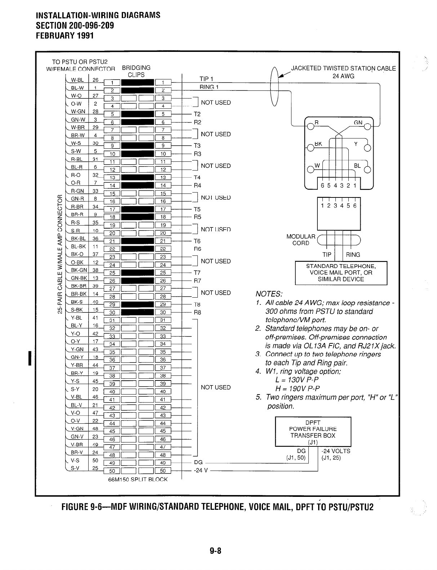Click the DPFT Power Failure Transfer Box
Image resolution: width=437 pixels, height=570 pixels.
(x=313, y=432)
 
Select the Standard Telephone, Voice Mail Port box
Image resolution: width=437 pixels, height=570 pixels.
(x=341, y=273)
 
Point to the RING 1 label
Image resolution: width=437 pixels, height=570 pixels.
(x=210, y=87)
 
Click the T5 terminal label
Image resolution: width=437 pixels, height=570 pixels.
(x=197, y=209)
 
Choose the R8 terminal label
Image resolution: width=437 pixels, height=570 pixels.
(x=197, y=312)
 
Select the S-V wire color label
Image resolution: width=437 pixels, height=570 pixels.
(x=75, y=468)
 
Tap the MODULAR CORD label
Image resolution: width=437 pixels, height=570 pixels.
(x=301, y=240)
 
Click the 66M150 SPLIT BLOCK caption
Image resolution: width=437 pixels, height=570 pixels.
(x=138, y=480)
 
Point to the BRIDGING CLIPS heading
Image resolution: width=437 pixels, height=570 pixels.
(x=136, y=71)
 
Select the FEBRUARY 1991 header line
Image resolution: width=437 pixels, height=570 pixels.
(x=64, y=35)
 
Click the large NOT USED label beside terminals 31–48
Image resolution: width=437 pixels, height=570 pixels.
(x=215, y=387)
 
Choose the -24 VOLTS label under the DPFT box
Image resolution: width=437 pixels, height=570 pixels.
(x=335, y=451)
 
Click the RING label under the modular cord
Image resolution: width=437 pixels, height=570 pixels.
(x=353, y=255)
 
